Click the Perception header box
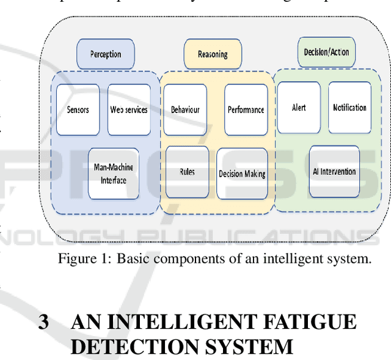pyautogui.click(x=106, y=54)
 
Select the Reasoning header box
pyautogui.click(x=213, y=54)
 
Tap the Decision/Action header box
pyautogui.click(x=326, y=53)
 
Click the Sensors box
pyautogui.click(x=78, y=110)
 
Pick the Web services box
pyautogui.click(x=129, y=110)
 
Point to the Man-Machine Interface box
pyautogui.click(x=113, y=173)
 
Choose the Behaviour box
pyautogui.click(x=185, y=110)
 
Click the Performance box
pyautogui.click(x=246, y=110)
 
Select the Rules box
pyautogui.click(x=187, y=172)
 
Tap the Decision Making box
pyautogui.click(x=242, y=174)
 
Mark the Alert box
pyautogui.click(x=298, y=108)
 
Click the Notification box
pyautogui.click(x=349, y=108)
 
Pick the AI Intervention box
pyautogui.click(x=334, y=171)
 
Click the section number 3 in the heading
pyautogui.click(x=43, y=322)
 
